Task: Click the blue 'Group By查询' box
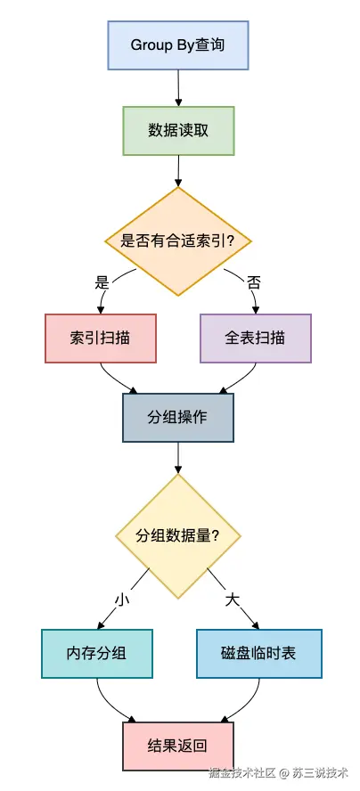[x=178, y=45]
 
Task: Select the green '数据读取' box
[x=178, y=131]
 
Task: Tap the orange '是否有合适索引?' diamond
[x=178, y=241]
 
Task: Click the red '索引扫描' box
[x=101, y=338]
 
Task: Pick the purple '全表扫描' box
[x=256, y=338]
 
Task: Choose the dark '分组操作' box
[x=178, y=418]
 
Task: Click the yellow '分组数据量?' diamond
[x=178, y=536]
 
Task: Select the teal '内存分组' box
[x=97, y=653]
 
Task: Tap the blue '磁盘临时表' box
[x=259, y=653]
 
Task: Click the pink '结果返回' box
[x=178, y=746]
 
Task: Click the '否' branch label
[x=254, y=282]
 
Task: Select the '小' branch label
[x=121, y=599]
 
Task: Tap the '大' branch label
[x=233, y=599]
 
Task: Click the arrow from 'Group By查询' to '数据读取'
[x=178, y=88]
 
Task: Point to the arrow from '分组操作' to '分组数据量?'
[x=178, y=458]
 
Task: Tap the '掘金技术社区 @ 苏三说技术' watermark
[x=279, y=772]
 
